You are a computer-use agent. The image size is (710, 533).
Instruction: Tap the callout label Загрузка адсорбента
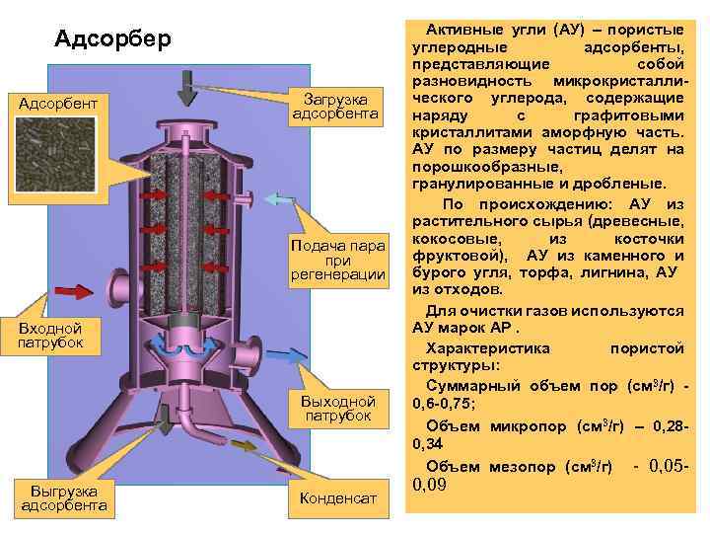tap(335, 108)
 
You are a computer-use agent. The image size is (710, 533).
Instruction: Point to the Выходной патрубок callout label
tap(336, 409)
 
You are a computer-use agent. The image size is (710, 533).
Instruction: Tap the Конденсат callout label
tap(336, 499)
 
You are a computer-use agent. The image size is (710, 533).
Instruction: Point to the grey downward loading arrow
tap(186, 87)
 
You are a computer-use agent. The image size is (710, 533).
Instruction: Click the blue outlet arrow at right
tap(287, 354)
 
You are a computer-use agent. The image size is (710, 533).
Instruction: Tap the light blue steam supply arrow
tap(279, 201)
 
